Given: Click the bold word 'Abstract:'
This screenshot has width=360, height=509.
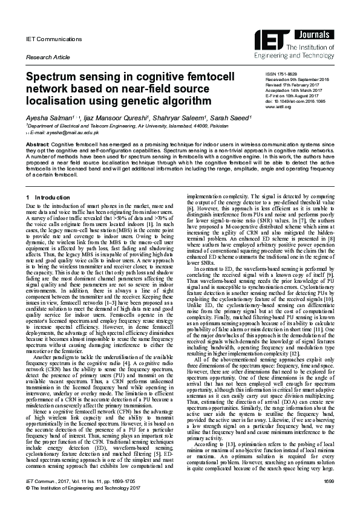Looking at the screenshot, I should coord(36,146).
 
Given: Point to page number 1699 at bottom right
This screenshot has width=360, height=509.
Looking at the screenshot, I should coord(329,496).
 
